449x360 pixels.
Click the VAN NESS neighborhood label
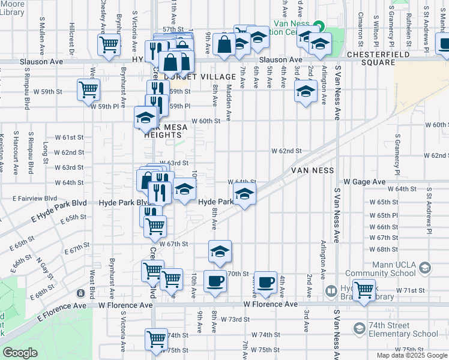[x=312, y=170]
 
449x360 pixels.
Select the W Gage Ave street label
[x=364, y=181]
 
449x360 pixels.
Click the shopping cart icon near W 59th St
[x=88, y=89]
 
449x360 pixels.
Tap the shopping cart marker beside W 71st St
[x=364, y=290]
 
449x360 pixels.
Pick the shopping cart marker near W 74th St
[x=157, y=338]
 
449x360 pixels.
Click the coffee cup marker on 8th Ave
[x=215, y=281]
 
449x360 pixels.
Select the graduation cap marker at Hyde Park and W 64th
[x=244, y=194]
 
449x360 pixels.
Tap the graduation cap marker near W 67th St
[x=220, y=251]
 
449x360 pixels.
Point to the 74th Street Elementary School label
[x=403, y=329]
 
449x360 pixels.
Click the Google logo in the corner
[x=20, y=353]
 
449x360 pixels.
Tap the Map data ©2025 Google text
[x=412, y=355]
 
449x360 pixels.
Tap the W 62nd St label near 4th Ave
[x=286, y=151]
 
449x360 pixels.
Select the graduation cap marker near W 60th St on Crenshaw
[x=145, y=118]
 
